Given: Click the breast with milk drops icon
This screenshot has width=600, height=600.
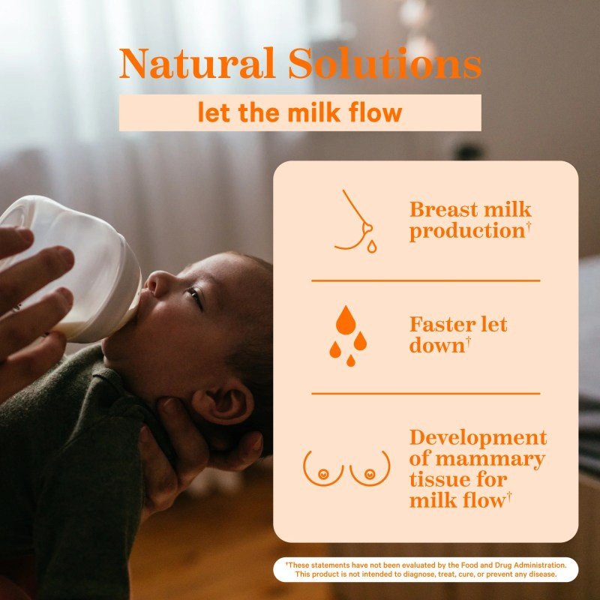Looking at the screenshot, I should point(356,221).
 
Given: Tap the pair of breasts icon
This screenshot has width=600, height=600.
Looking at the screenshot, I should point(346,467).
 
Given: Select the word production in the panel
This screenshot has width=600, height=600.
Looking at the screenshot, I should point(466,232).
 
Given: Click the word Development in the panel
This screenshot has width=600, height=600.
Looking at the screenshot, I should point(478,438).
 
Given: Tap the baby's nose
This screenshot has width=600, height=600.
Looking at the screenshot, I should point(152,283).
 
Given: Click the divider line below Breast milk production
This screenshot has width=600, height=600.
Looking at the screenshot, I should point(425,280).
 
